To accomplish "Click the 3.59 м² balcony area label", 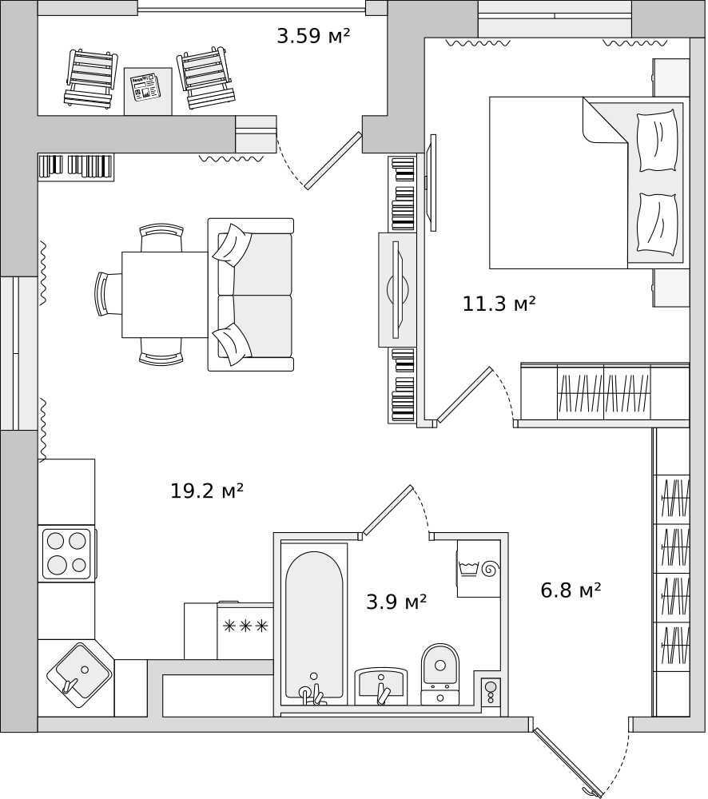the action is tap(313, 36).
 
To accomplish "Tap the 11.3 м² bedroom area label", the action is tap(499, 304).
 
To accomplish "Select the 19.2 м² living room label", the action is tap(206, 491).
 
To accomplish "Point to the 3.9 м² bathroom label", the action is tap(396, 602).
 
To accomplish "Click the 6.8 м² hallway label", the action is tap(571, 590).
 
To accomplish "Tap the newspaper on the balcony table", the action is tap(144, 86).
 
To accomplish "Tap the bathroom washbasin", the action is tap(381, 686).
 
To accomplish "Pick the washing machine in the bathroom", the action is tap(479, 568).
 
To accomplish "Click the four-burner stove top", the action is tap(67, 554).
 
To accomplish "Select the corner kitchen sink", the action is tap(79, 675).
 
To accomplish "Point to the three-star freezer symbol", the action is tap(245, 626).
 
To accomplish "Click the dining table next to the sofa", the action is tap(165, 295).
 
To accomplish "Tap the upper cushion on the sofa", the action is tap(233, 244).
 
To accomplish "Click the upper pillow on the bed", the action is tap(658, 141).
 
